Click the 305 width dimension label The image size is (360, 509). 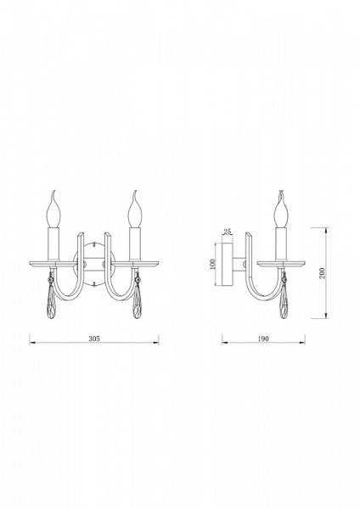[x=94, y=338]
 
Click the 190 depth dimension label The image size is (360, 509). [x=263, y=338]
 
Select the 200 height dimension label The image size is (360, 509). [x=322, y=273]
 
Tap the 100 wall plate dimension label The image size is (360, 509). [x=213, y=264]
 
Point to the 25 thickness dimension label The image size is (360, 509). [x=228, y=232]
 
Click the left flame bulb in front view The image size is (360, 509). [x=54, y=210]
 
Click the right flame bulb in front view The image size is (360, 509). [x=135, y=210]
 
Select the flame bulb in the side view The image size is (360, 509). [x=281, y=210]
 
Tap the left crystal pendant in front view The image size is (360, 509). [x=50, y=299]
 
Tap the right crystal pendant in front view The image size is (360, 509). [x=138, y=299]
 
